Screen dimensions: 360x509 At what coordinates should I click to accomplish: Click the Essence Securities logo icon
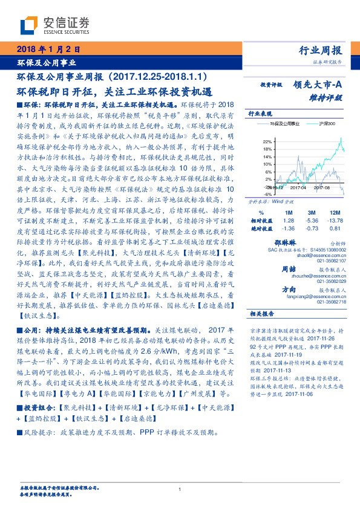point(31,24)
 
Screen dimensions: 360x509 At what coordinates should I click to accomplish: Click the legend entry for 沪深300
point(319,124)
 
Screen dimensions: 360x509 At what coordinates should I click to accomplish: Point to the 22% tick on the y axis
point(267,141)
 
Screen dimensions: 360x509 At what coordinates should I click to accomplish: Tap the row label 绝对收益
point(261,228)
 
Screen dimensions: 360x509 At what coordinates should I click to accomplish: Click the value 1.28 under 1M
point(287,221)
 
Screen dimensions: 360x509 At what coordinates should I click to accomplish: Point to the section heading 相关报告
point(261,314)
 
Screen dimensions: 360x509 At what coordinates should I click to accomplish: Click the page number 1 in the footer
point(180,489)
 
